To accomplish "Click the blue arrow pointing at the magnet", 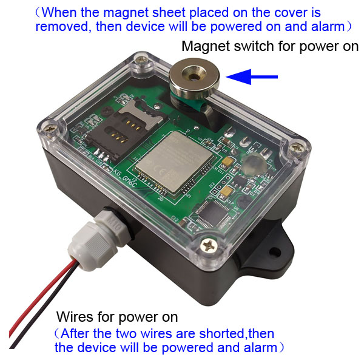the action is point(252,76).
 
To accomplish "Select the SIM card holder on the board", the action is point(123,130).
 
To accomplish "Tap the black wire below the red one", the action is point(44,309).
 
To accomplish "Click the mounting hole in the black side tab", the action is point(274,251).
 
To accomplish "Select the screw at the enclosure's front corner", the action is point(209,245).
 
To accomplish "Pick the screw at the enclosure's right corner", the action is point(297,148).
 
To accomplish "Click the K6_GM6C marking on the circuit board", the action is point(124,178).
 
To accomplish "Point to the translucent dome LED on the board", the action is point(254,163).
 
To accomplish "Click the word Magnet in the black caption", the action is point(206,47).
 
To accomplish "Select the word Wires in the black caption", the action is point(75,317).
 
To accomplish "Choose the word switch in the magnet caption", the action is point(254,46).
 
